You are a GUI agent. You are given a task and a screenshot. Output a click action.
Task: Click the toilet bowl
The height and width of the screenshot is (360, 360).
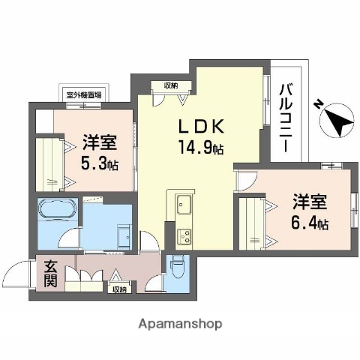click(x=177, y=265)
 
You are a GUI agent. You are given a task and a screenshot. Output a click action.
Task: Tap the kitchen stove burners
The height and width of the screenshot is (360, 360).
click(x=184, y=237)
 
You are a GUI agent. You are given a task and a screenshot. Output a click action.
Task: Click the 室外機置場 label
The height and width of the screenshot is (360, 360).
click(x=83, y=95)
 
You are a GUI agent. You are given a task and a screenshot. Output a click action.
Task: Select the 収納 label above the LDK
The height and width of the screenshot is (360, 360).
click(x=160, y=85)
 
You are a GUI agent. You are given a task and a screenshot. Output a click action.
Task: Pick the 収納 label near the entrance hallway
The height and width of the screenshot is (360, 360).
click(x=119, y=289)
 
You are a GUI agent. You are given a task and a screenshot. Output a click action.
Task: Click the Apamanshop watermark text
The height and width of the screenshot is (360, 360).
click(x=180, y=324)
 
